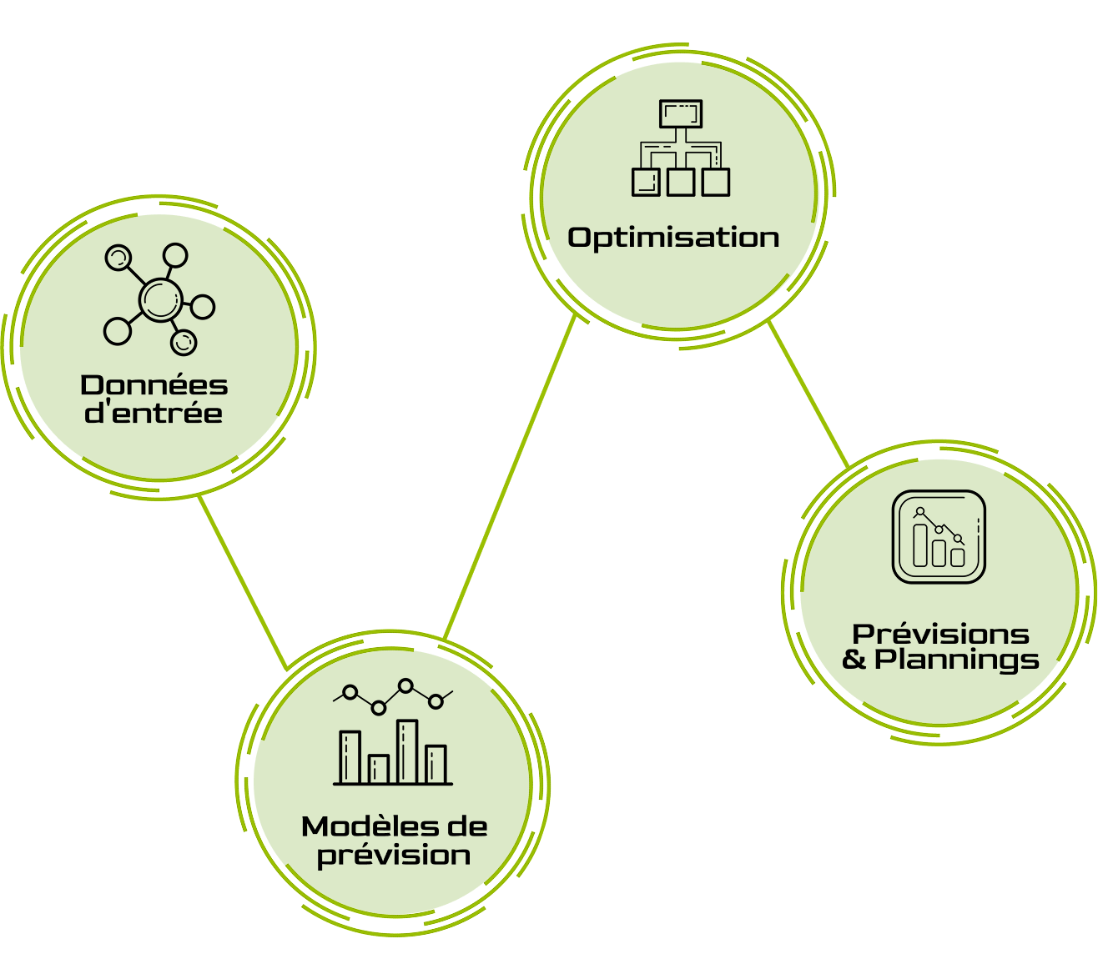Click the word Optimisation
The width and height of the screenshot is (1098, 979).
pos(673,238)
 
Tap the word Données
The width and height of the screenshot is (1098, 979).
pos(154,385)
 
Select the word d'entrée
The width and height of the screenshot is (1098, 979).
pos(154,413)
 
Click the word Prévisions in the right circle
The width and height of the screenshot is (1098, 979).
pos(940,634)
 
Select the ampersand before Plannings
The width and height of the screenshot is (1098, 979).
pos(855,660)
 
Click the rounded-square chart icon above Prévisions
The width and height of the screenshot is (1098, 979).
pos(939,536)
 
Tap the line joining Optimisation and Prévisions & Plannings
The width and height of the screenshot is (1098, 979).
pos(808,394)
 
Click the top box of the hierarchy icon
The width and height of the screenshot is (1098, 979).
pos(681,113)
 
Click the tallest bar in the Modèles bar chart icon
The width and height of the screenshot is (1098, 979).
pos(407,751)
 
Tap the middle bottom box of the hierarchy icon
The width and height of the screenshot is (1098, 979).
pos(681,182)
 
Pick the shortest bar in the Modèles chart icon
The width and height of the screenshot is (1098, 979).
pos(379,769)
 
